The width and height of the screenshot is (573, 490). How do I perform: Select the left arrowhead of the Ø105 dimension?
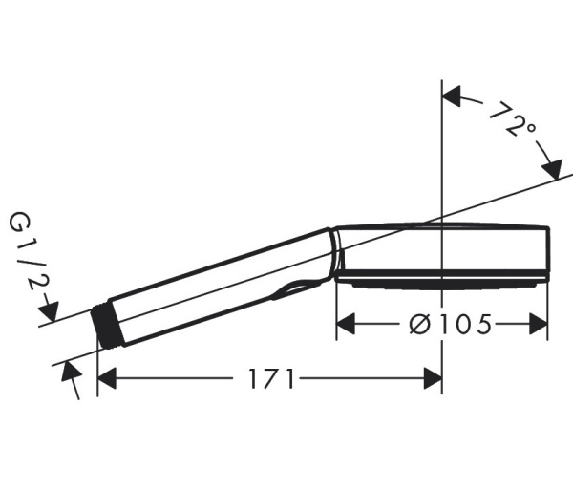(x=346, y=325)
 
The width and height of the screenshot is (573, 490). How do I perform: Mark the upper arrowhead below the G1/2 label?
(x=51, y=311)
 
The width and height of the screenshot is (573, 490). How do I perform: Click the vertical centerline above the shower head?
(x=442, y=153)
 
